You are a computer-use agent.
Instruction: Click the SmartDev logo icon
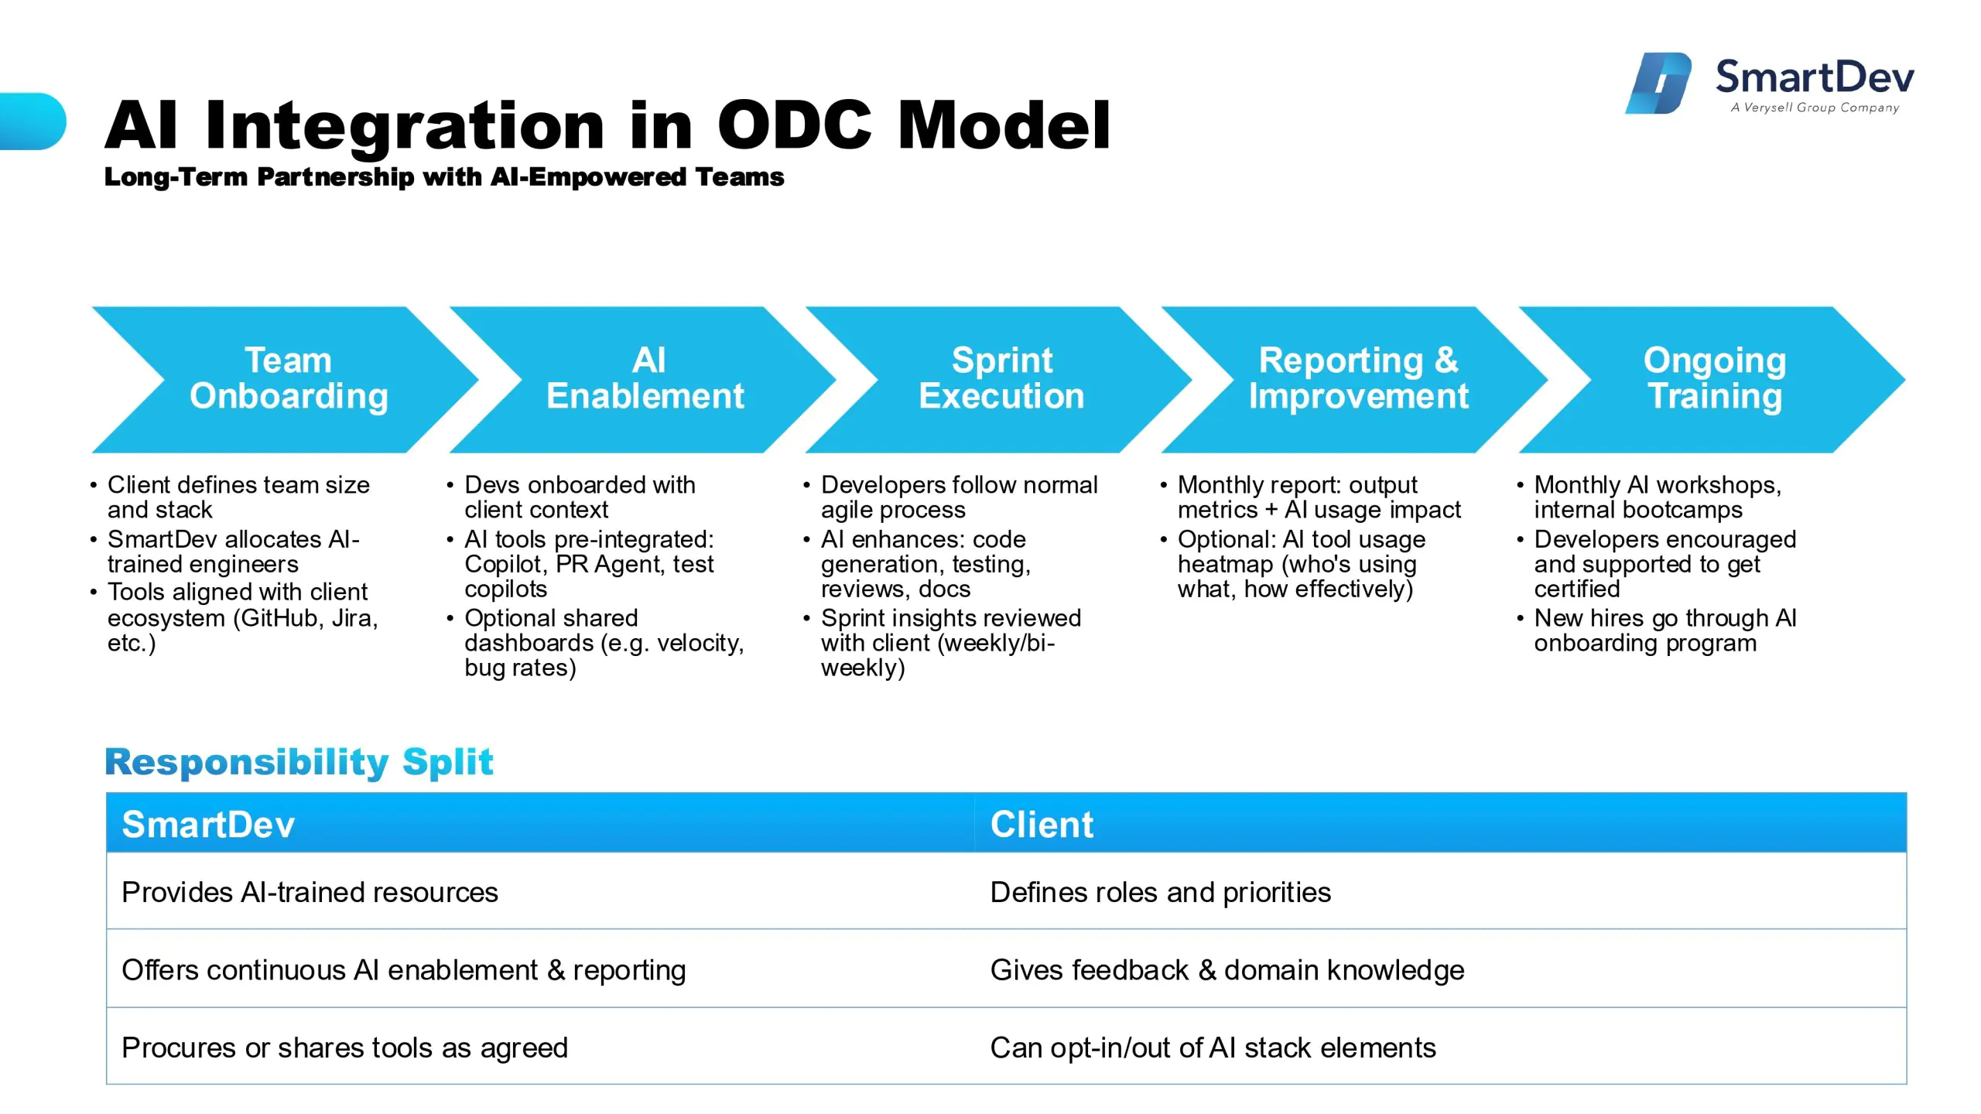[x=1658, y=83]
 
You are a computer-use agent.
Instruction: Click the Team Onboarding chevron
[x=285, y=379]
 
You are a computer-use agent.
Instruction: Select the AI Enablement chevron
[x=642, y=379]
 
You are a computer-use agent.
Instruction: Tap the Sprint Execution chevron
[x=999, y=379]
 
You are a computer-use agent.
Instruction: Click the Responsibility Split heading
[x=299, y=762]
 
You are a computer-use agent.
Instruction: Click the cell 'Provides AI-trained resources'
[x=539, y=891]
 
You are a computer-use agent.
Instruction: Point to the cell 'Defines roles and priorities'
[x=1440, y=891]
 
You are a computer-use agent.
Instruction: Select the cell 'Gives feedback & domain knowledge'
[x=1440, y=969]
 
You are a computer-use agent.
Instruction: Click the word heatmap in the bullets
[x=1226, y=565]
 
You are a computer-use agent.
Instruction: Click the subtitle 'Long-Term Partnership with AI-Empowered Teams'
[x=444, y=177]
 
